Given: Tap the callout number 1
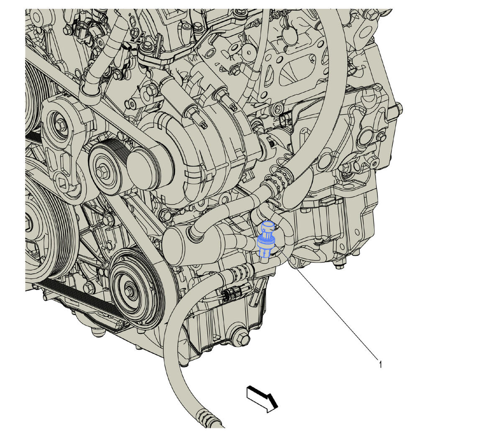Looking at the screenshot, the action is click(x=381, y=364).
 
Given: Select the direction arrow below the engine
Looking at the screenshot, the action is click(x=262, y=399).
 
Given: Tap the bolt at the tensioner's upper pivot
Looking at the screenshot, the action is click(x=59, y=125).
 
